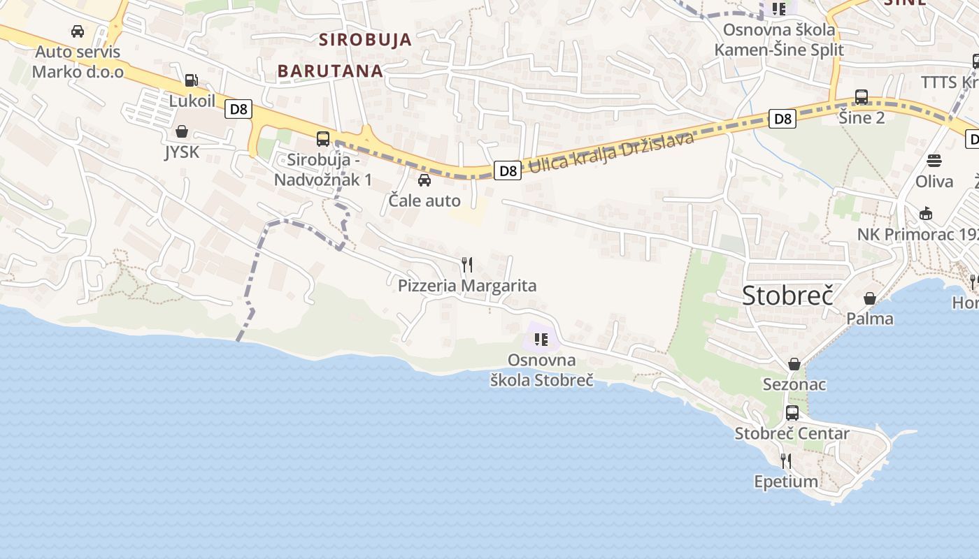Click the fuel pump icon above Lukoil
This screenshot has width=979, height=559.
pyautogui.click(x=192, y=81)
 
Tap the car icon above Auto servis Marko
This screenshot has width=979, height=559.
pyautogui.click(x=78, y=31)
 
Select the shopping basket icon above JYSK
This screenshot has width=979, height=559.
pyautogui.click(x=182, y=131)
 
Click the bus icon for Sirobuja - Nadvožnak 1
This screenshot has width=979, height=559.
pyautogui.click(x=323, y=138)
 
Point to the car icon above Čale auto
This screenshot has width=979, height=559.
pyautogui.click(x=424, y=181)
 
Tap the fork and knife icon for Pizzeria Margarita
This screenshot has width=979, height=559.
pyautogui.click(x=467, y=265)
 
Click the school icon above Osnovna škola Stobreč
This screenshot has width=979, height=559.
pyautogui.click(x=540, y=340)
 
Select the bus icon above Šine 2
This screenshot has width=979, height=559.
pyautogui.click(x=862, y=97)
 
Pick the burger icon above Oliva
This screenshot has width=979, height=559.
pyautogui.click(x=934, y=161)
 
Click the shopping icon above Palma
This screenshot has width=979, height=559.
pyautogui.click(x=870, y=298)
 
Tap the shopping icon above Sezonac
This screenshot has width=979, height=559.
pyautogui.click(x=794, y=364)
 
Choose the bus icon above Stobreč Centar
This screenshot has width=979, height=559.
pyautogui.click(x=792, y=413)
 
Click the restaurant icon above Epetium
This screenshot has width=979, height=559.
pyautogui.click(x=786, y=461)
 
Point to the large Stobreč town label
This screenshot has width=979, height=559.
pyautogui.click(x=788, y=296)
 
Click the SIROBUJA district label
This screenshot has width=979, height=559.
pyautogui.click(x=366, y=40)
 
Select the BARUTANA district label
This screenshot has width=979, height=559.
pyautogui.click(x=330, y=71)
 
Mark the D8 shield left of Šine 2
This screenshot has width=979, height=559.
pyautogui.click(x=783, y=119)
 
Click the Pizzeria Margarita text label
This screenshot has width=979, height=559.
pyautogui.click(x=467, y=286)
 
